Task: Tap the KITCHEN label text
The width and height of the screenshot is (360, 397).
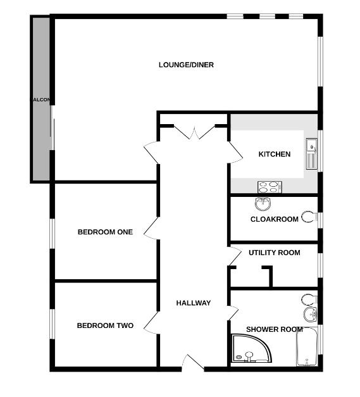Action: [275, 154]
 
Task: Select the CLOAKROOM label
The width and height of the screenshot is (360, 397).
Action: [274, 220]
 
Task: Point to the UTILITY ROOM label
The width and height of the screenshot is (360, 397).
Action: [274, 253]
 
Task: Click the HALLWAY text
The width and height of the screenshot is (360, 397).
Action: [194, 303]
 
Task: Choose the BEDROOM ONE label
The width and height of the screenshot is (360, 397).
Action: [105, 232]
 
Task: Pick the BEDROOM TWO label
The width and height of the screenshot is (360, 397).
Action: [105, 325]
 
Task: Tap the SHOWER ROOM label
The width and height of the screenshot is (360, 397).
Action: [274, 329]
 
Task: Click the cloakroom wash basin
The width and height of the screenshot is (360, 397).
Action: [263, 204]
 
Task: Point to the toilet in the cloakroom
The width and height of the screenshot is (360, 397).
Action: [309, 217]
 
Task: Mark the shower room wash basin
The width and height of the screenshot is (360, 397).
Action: [310, 315]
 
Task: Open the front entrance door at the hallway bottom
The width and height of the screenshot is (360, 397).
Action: [192, 363]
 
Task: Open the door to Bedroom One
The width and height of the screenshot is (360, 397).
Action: [152, 228]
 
